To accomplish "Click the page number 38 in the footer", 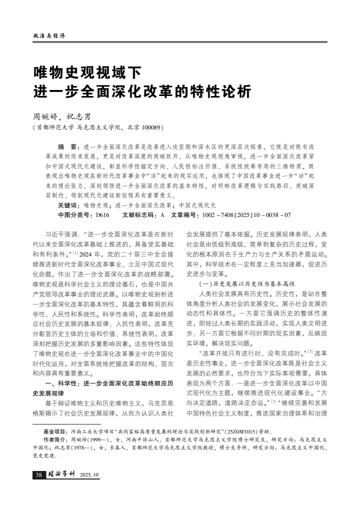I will click(x=38, y=474).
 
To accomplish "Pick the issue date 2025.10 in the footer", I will click(x=90, y=474).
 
